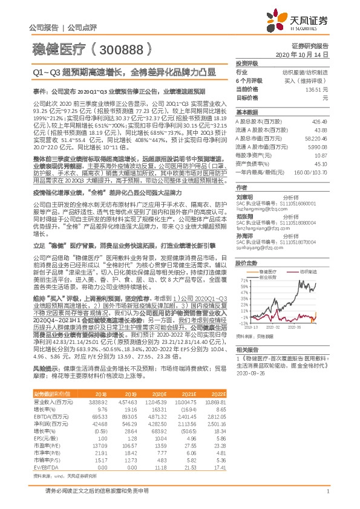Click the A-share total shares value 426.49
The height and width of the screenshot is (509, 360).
(x=319, y=121)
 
